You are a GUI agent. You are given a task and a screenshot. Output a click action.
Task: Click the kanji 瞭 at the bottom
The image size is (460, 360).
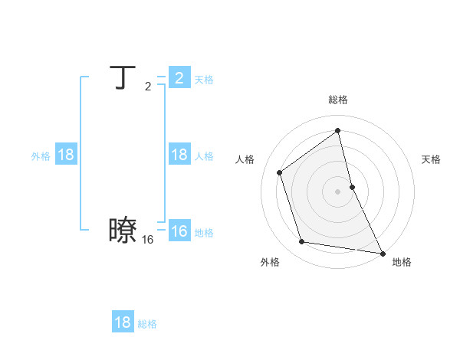tap(123, 230)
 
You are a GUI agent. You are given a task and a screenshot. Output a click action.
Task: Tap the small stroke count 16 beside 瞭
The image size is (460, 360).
tap(147, 240)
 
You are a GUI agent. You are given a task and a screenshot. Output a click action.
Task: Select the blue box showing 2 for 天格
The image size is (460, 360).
tap(179, 78)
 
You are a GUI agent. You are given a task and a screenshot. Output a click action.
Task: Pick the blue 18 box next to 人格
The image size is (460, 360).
tap(179, 155)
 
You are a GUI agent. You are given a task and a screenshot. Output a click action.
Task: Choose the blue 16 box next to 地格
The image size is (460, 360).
tap(179, 231)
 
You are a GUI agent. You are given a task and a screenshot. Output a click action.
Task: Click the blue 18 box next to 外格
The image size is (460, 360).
tap(66, 155)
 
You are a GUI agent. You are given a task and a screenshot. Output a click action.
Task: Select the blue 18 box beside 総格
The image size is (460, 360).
tap(123, 322)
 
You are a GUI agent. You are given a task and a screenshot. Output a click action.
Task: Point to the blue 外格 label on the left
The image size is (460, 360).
tap(41, 156)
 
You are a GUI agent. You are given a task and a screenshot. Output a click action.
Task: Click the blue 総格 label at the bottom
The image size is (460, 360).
tap(147, 324)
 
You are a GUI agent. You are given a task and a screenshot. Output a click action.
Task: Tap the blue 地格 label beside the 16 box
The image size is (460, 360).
tap(204, 233)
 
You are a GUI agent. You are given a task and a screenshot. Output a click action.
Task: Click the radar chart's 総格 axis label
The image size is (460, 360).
tap(338, 100)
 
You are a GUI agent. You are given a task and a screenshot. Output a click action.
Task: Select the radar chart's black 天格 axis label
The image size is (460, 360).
tap(431, 159)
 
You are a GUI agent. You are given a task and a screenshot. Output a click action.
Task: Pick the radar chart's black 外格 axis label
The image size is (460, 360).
tap(269, 262)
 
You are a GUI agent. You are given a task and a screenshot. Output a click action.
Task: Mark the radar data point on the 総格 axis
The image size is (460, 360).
tap(338, 130)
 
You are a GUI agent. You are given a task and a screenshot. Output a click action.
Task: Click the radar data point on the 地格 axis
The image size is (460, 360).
tap(382, 252)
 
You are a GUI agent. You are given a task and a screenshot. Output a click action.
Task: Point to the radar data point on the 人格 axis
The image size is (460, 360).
tap(280, 172)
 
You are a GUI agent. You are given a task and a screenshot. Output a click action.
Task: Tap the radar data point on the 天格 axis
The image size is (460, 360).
tap(352, 187)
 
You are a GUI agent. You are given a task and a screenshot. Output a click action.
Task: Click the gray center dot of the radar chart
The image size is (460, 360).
tap(338, 191)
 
